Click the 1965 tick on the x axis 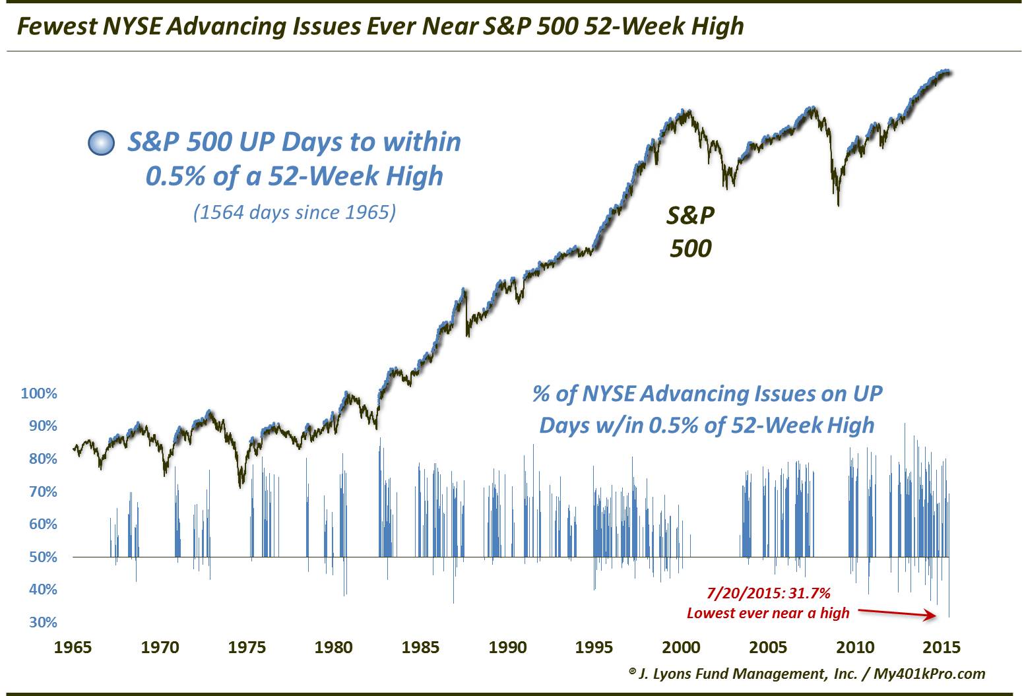[73, 647]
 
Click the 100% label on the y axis [39, 394]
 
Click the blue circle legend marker [101, 143]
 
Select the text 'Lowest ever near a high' [768, 613]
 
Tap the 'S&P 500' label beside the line [691, 231]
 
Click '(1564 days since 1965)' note [294, 212]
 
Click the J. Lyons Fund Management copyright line [807, 673]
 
